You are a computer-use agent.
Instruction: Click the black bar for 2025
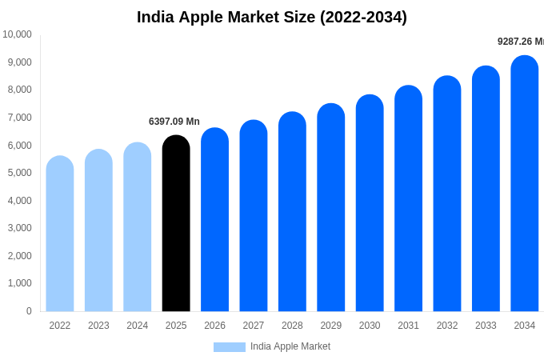click(176, 224)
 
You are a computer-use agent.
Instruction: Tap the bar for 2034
click(525, 184)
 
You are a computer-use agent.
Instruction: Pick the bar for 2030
click(370, 203)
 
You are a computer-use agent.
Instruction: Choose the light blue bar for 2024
click(138, 227)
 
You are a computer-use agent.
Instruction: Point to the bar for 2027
click(254, 216)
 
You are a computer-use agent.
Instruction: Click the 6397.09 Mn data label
click(174, 122)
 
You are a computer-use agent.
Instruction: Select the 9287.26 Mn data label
click(520, 42)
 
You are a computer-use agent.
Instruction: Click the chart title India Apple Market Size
click(272, 17)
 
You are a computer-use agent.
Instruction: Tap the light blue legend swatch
click(229, 347)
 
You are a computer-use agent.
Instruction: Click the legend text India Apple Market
click(290, 346)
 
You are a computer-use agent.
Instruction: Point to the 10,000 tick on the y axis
click(17, 34)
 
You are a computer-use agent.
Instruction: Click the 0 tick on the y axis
click(29, 311)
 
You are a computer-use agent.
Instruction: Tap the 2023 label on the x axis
click(98, 326)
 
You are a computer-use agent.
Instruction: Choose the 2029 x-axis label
click(331, 326)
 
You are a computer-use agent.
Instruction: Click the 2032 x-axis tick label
click(447, 326)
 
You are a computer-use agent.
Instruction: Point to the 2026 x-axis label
click(214, 326)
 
